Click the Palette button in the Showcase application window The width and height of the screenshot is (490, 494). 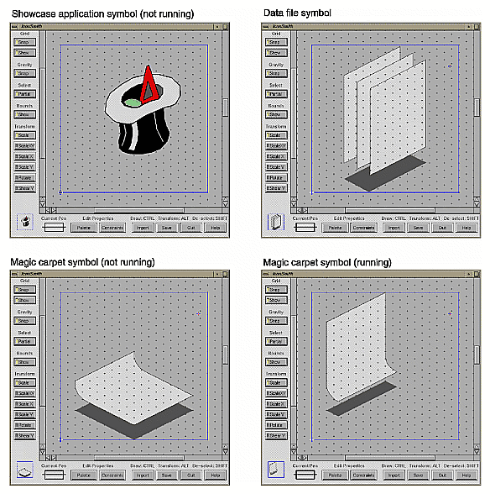point(81,228)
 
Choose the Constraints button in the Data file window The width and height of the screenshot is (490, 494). point(362,228)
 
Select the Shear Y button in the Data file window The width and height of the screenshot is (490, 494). point(274,187)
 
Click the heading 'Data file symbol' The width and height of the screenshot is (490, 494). point(297,13)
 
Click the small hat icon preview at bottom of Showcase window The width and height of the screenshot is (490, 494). point(24,223)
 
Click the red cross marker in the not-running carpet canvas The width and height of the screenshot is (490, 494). point(199,314)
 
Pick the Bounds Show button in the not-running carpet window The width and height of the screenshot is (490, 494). point(23,362)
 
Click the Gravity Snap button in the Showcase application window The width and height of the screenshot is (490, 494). point(23,73)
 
